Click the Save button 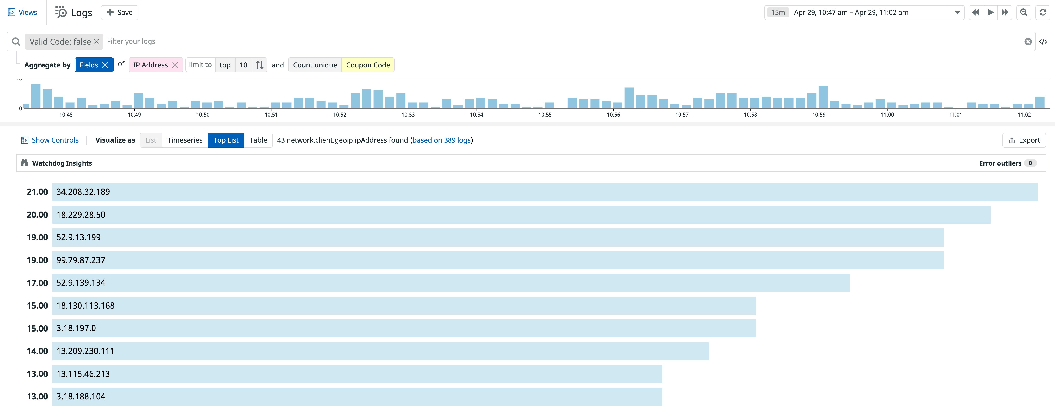(120, 12)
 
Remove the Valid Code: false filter (97, 42)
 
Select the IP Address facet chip (150, 65)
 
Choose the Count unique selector (314, 65)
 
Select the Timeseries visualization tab (185, 140)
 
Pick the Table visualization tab (258, 140)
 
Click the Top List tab (226, 140)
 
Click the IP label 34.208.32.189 (83, 192)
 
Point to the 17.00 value (37, 283)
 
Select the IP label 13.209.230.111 (85, 351)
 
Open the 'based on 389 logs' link (442, 140)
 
